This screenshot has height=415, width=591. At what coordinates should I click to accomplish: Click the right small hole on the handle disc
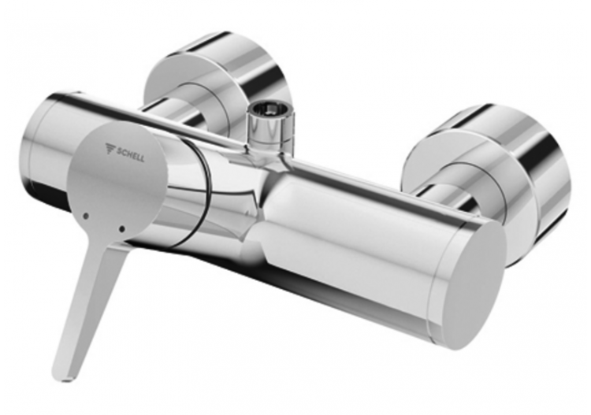point(121,229)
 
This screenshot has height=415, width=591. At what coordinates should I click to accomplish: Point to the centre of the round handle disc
point(118,185)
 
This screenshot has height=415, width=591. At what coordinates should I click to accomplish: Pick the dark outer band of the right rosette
point(552,181)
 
